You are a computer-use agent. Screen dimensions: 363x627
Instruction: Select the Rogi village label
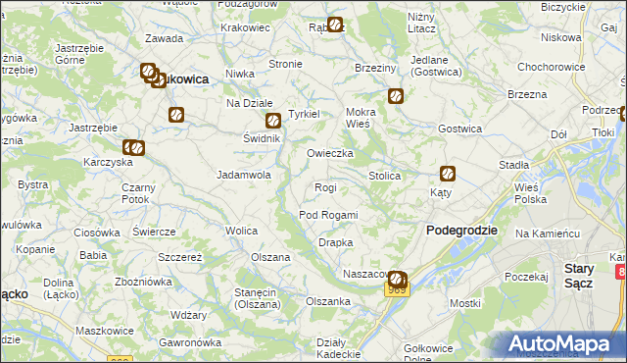[325, 187]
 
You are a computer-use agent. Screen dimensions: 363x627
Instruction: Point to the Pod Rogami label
[328, 215]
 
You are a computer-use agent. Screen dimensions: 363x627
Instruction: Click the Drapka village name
[335, 242]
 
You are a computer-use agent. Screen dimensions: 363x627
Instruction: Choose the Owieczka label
[329, 154]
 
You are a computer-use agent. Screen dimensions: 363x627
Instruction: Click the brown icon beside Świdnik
[273, 122]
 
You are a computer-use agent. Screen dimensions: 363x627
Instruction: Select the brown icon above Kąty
[448, 175]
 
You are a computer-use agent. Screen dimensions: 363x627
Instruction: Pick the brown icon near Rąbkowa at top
[335, 25]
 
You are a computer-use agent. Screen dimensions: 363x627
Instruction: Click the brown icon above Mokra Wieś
[396, 96]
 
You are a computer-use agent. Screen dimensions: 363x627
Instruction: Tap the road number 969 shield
[397, 290]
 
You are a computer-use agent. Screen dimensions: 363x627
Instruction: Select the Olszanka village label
[328, 301]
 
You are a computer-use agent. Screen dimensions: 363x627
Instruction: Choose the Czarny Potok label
[139, 193]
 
